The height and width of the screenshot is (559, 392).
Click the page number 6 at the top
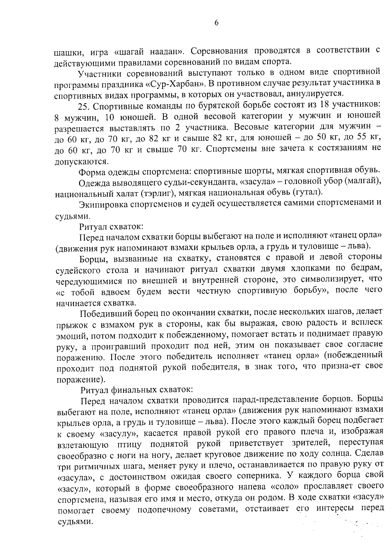coord(216,23)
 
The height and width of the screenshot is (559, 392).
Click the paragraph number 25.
coord(83,106)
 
